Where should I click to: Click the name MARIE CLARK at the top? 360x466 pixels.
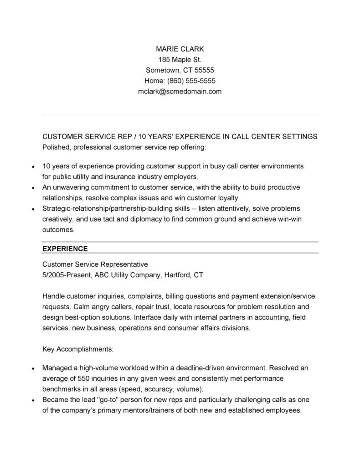[x=180, y=49]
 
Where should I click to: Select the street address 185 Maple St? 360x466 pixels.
[x=180, y=59]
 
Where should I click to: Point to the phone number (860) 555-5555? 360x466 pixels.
[x=191, y=81]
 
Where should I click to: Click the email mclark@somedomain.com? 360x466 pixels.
[x=180, y=91]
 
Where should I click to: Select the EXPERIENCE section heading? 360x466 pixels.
[x=65, y=249]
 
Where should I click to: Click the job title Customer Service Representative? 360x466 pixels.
[x=95, y=264]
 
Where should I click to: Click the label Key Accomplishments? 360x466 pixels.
[x=77, y=349]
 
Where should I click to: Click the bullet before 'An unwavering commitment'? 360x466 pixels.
[x=33, y=187]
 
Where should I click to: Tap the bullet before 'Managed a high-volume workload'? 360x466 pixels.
[x=33, y=368]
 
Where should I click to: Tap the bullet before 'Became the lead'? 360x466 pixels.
[x=33, y=400]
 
